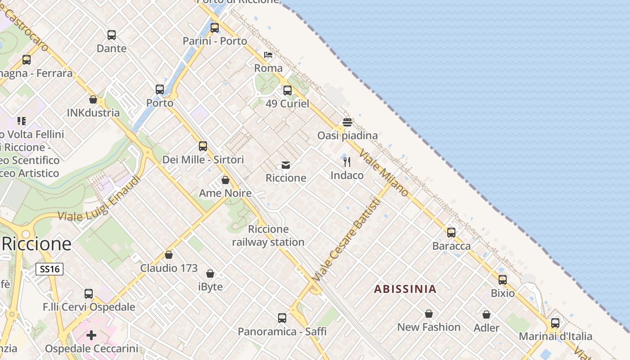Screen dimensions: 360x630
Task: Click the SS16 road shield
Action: [x=49, y=269]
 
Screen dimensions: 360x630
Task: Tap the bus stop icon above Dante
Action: [x=112, y=35]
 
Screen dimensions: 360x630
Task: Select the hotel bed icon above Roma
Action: [x=268, y=55]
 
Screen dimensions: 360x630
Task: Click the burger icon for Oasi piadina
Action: [x=347, y=122]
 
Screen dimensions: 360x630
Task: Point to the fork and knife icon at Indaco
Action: [x=347, y=162]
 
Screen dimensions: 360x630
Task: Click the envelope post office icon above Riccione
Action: [x=286, y=165]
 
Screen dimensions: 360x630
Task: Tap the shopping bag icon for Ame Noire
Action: [x=225, y=180]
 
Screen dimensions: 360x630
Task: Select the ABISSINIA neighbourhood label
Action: [x=405, y=289]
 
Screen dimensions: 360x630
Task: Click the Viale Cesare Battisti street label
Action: [x=346, y=240]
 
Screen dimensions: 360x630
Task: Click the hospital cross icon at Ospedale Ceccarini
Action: [x=91, y=335]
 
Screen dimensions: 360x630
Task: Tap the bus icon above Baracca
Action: [x=451, y=233]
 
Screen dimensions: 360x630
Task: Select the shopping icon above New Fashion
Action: [x=429, y=314]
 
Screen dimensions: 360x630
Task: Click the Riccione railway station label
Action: [x=268, y=236]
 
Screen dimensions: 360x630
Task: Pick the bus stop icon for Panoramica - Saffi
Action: [x=282, y=318]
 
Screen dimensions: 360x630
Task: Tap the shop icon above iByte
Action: [x=210, y=273]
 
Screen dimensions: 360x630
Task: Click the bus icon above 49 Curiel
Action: [x=288, y=90]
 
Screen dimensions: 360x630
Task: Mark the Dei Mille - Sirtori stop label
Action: [x=203, y=159]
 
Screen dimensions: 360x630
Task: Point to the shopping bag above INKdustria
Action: [x=93, y=99]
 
